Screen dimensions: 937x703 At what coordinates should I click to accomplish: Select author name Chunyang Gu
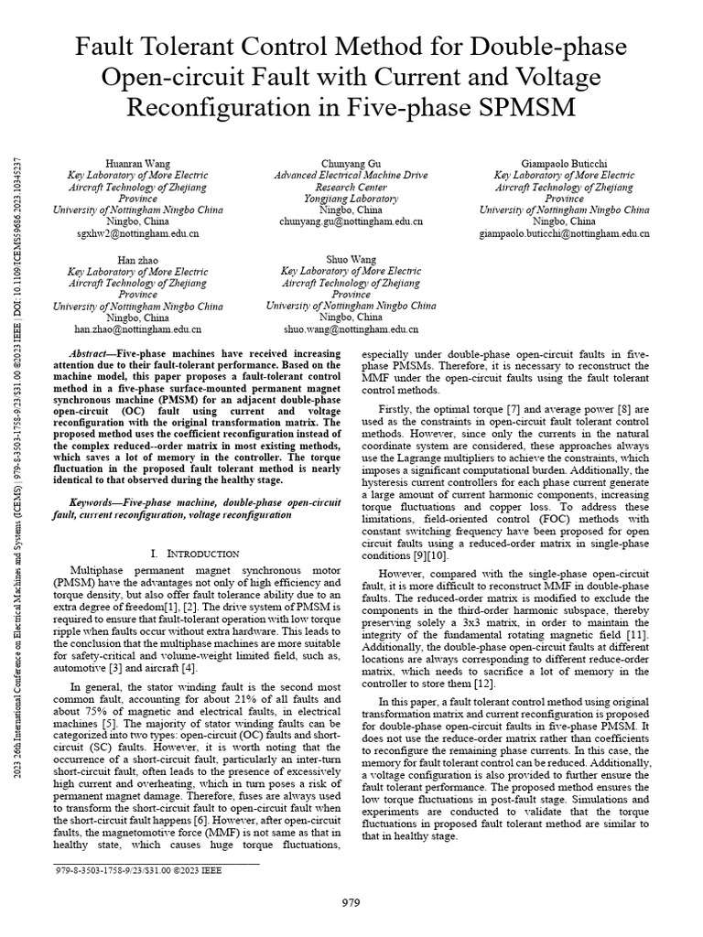pos(351,162)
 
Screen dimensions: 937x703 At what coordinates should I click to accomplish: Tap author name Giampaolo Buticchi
pos(564,162)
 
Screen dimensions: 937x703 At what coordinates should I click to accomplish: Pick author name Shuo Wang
pos(351,260)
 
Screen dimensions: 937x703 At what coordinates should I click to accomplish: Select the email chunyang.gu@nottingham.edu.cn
pos(351,221)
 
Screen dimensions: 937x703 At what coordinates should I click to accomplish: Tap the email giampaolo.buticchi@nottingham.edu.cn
pos(564,234)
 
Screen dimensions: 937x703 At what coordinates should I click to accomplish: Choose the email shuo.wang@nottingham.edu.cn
pos(351,328)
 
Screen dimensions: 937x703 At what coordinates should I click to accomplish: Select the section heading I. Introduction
pos(194,554)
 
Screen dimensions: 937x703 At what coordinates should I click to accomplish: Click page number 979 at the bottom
pos(351,901)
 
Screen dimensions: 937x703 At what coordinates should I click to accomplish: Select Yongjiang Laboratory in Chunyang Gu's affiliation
pos(351,198)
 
